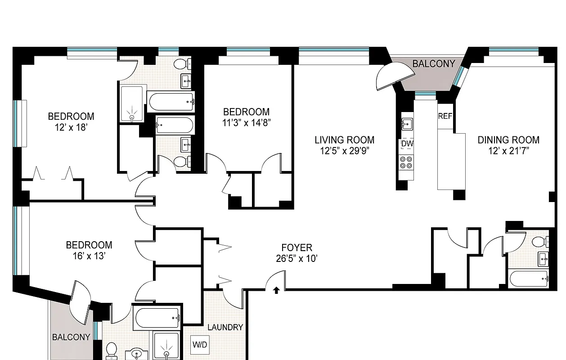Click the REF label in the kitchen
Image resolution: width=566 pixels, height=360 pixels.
pos(445,116)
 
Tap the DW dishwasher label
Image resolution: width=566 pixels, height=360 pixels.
pos(407,144)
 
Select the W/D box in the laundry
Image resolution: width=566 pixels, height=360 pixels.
pos(200,345)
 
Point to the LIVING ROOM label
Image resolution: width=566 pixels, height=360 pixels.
pos(344,140)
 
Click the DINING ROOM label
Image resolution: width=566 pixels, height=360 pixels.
pos(508,140)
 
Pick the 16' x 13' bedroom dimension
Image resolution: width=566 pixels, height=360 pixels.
pos(89,256)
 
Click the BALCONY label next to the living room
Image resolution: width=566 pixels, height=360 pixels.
pos(433,64)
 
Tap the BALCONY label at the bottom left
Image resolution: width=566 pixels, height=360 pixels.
pos(71,337)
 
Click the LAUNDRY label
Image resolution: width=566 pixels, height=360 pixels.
pos(225,327)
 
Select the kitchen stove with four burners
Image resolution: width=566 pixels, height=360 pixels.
pos(406,162)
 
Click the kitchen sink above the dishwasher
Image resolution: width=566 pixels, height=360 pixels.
pos(407,123)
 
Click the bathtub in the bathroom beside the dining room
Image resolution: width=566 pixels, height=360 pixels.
pos(530,279)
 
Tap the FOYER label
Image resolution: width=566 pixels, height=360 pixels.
pos(296,247)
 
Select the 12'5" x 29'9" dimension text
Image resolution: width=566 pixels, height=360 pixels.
pos(344,151)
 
